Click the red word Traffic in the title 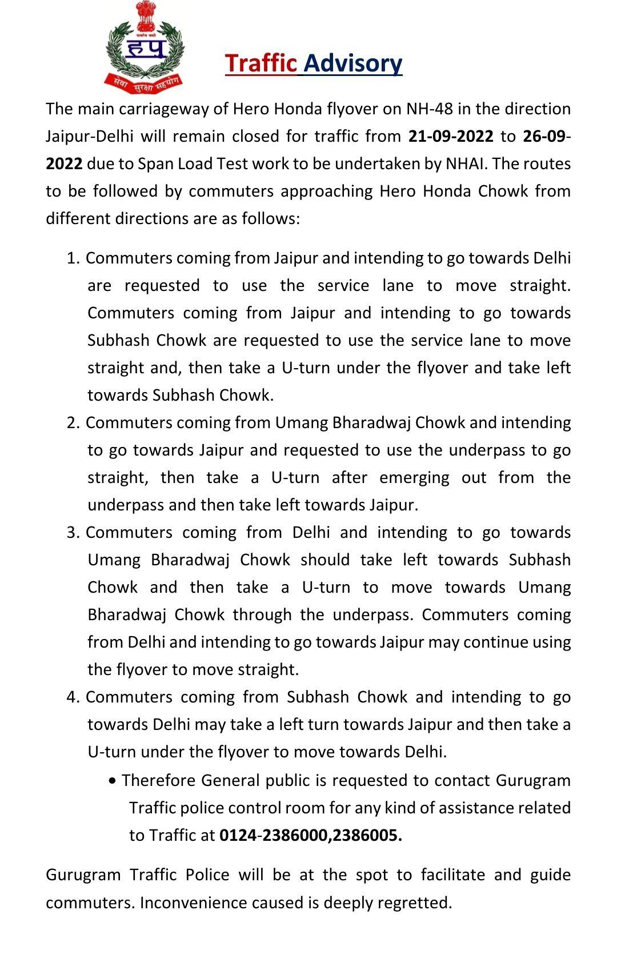(x=261, y=63)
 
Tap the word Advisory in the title (x=353, y=63)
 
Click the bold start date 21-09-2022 (x=451, y=136)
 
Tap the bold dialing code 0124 (x=237, y=835)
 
